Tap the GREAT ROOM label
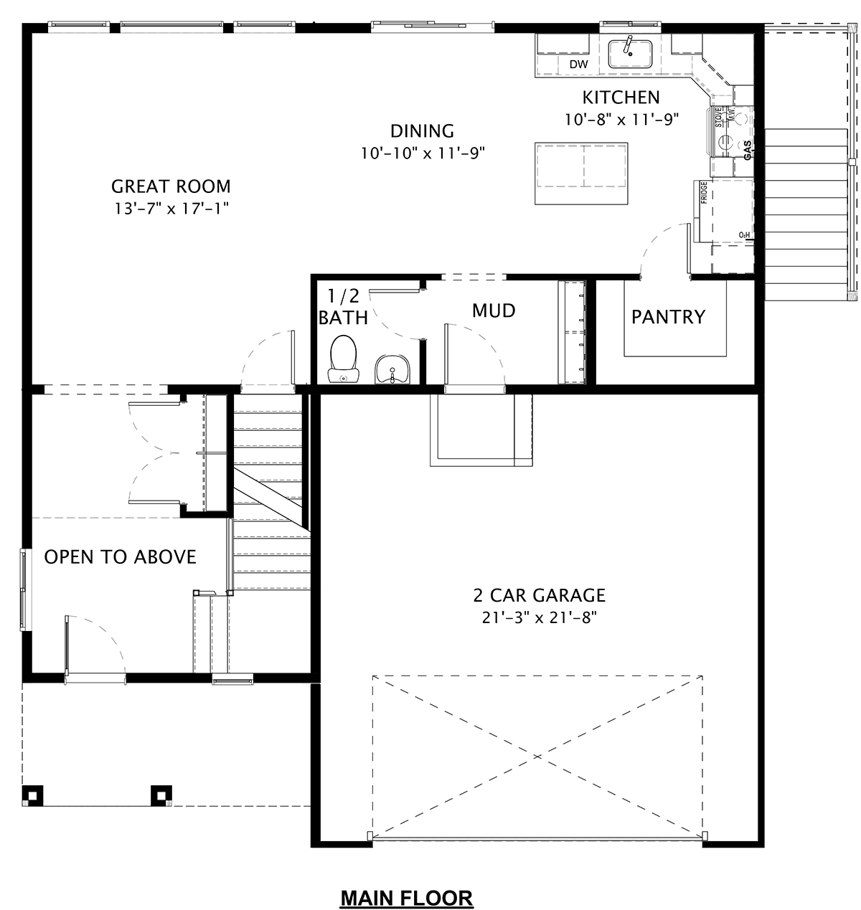point(171,186)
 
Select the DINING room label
point(422,131)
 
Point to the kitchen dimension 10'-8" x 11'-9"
point(621,120)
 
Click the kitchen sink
point(630,54)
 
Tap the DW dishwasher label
point(578,65)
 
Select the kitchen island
point(581,173)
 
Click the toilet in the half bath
point(343,359)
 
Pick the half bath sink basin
point(392,369)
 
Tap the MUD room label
point(494,311)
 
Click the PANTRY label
point(668,317)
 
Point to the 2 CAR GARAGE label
point(539,595)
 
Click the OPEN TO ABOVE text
point(120,557)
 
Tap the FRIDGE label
point(704,193)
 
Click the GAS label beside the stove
point(748,151)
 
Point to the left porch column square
point(32,795)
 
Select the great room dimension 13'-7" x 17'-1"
point(171,209)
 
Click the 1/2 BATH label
point(343,307)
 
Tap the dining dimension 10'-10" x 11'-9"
point(423,153)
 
